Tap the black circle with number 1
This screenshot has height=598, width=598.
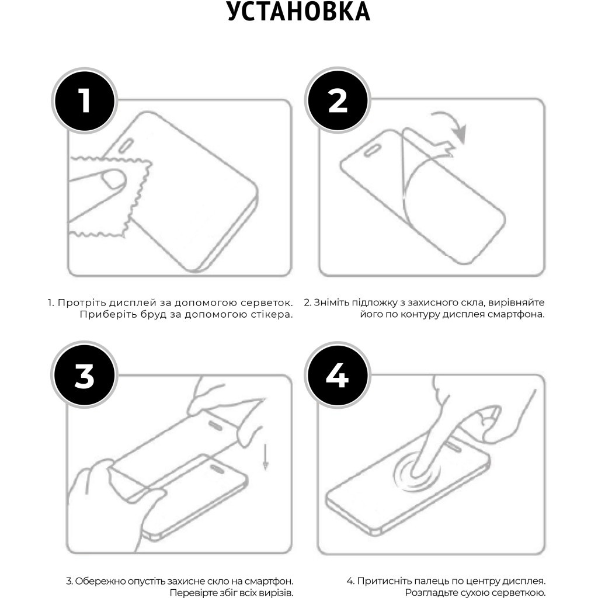coord(85,100)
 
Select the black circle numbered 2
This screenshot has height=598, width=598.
coord(338,100)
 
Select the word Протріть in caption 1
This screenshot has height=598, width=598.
coord(79,303)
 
